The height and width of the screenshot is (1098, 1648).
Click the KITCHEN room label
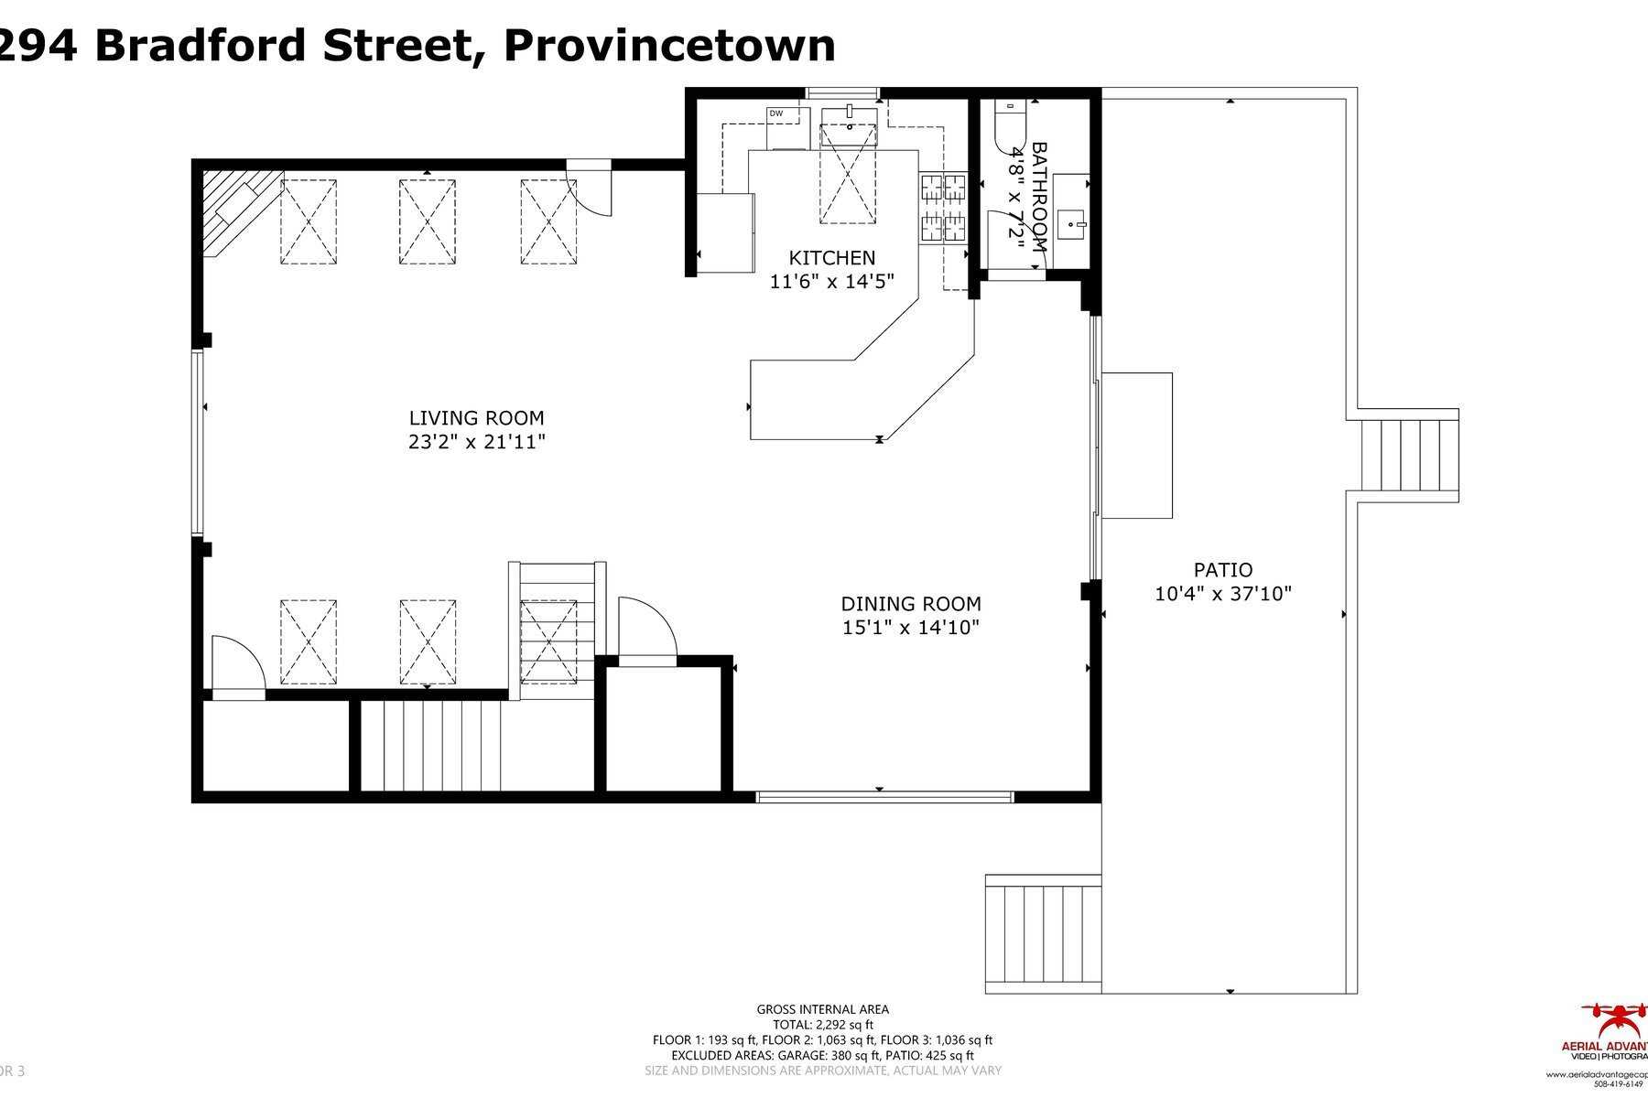click(831, 258)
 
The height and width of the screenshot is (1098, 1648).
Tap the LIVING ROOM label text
click(476, 418)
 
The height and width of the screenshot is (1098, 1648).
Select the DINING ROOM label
click(911, 604)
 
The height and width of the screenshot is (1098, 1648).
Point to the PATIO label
click(1222, 570)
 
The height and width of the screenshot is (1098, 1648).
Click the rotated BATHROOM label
click(1039, 197)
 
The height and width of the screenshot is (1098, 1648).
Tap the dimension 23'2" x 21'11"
click(477, 443)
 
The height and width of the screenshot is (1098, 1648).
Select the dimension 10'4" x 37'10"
click(1222, 594)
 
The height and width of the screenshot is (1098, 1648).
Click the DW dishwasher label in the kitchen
click(776, 113)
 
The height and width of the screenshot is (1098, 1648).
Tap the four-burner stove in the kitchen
click(943, 208)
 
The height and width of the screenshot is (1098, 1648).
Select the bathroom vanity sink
click(1071, 221)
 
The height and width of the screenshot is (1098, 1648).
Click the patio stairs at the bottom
click(1043, 933)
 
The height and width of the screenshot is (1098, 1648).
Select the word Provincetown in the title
click(669, 46)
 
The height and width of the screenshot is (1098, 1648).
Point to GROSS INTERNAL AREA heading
click(821, 1009)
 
